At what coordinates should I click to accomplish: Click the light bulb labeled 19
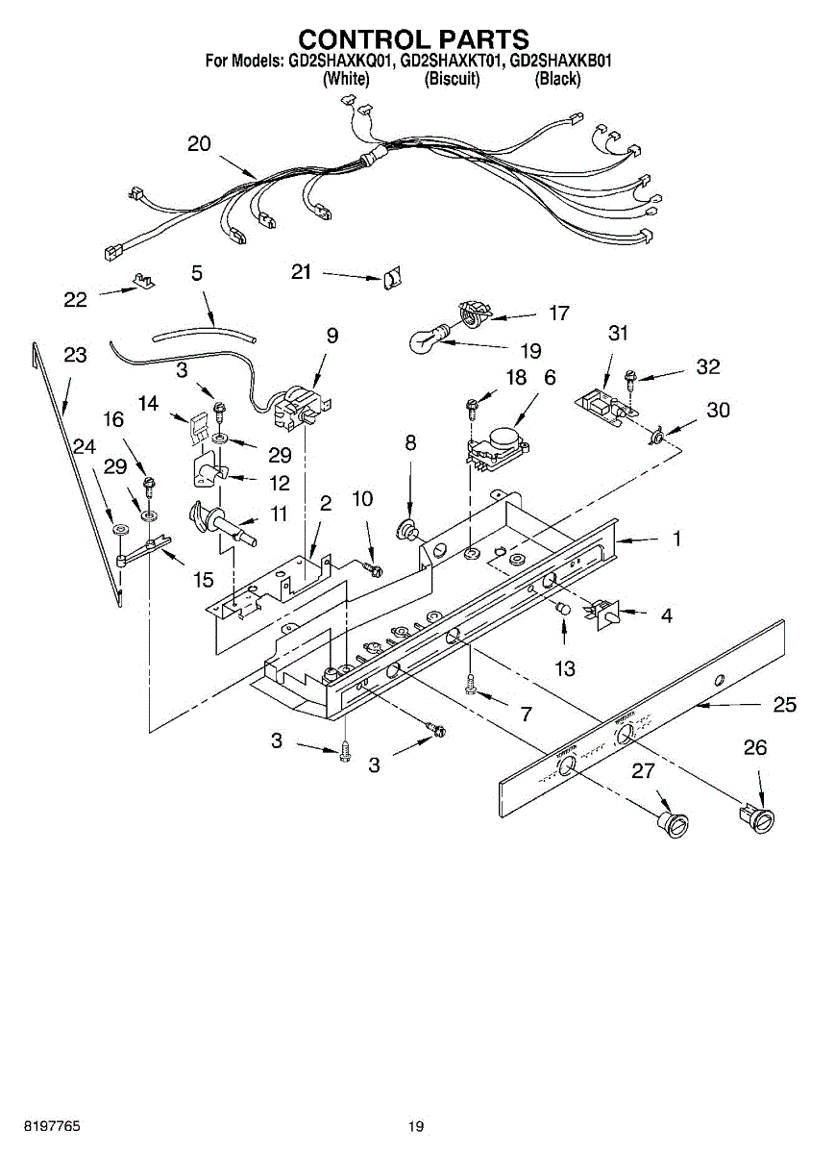[427, 339]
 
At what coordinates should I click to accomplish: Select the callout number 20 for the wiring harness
[199, 144]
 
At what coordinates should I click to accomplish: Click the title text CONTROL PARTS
[413, 39]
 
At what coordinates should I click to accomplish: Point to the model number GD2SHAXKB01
[560, 62]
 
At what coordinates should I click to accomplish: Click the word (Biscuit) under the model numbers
[452, 80]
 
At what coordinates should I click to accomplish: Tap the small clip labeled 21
[392, 278]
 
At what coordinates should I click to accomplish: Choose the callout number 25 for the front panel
[785, 705]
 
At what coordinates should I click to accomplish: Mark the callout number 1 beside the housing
[676, 539]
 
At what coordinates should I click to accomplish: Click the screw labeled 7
[470, 685]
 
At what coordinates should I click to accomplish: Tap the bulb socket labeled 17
[475, 312]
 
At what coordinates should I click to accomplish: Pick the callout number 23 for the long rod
[75, 356]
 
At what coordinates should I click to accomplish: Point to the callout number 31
[618, 333]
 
